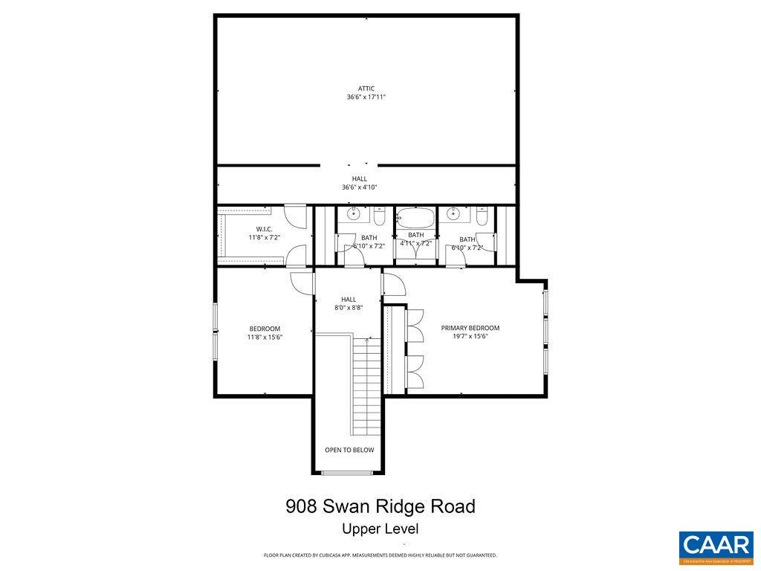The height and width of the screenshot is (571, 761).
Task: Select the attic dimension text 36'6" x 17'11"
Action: (x=366, y=97)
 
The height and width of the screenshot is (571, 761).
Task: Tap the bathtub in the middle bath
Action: (x=415, y=219)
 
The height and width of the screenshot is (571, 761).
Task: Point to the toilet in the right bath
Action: (x=482, y=218)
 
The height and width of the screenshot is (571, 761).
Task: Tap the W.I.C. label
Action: (x=264, y=229)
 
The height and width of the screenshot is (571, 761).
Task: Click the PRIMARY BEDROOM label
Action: (x=470, y=328)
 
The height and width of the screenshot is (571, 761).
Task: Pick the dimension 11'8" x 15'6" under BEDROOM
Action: (x=265, y=338)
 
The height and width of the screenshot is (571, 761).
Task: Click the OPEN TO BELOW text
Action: (x=349, y=450)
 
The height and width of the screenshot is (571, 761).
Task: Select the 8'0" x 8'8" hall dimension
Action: (x=349, y=308)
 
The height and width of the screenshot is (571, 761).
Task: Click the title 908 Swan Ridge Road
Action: (x=380, y=507)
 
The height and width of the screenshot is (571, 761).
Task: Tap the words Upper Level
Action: (x=380, y=529)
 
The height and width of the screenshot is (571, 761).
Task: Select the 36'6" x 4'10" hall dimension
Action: (x=359, y=187)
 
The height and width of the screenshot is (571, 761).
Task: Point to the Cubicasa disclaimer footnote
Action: (x=380, y=555)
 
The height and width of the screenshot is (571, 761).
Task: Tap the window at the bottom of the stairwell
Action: (x=348, y=473)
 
